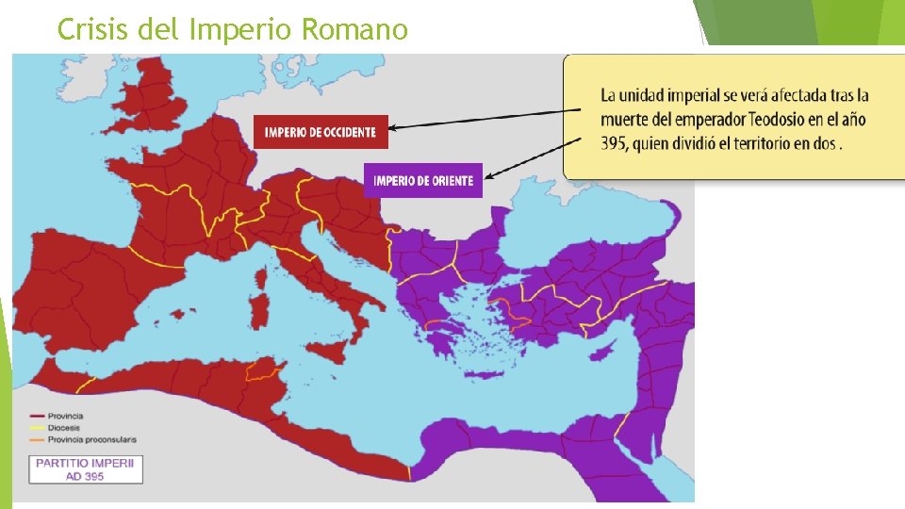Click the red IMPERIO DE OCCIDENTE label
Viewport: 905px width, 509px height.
[x=321, y=131]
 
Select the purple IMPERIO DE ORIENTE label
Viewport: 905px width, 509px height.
[x=422, y=181]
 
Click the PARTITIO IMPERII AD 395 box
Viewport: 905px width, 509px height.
[x=86, y=468]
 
